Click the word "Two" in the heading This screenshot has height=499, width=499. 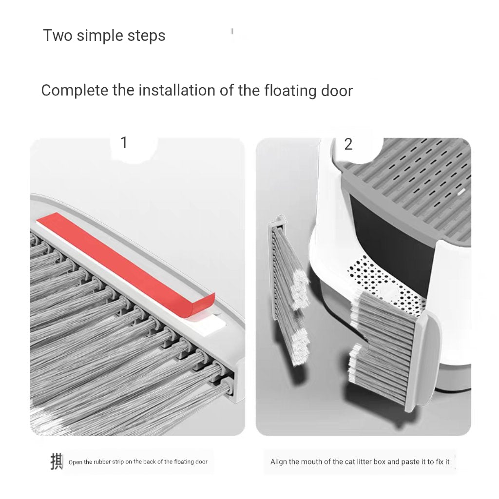(x=58, y=36)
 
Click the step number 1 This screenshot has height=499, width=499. (x=124, y=143)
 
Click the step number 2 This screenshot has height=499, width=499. (x=348, y=144)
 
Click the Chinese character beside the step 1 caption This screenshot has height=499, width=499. (x=57, y=461)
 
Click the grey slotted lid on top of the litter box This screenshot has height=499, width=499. (x=414, y=180)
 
